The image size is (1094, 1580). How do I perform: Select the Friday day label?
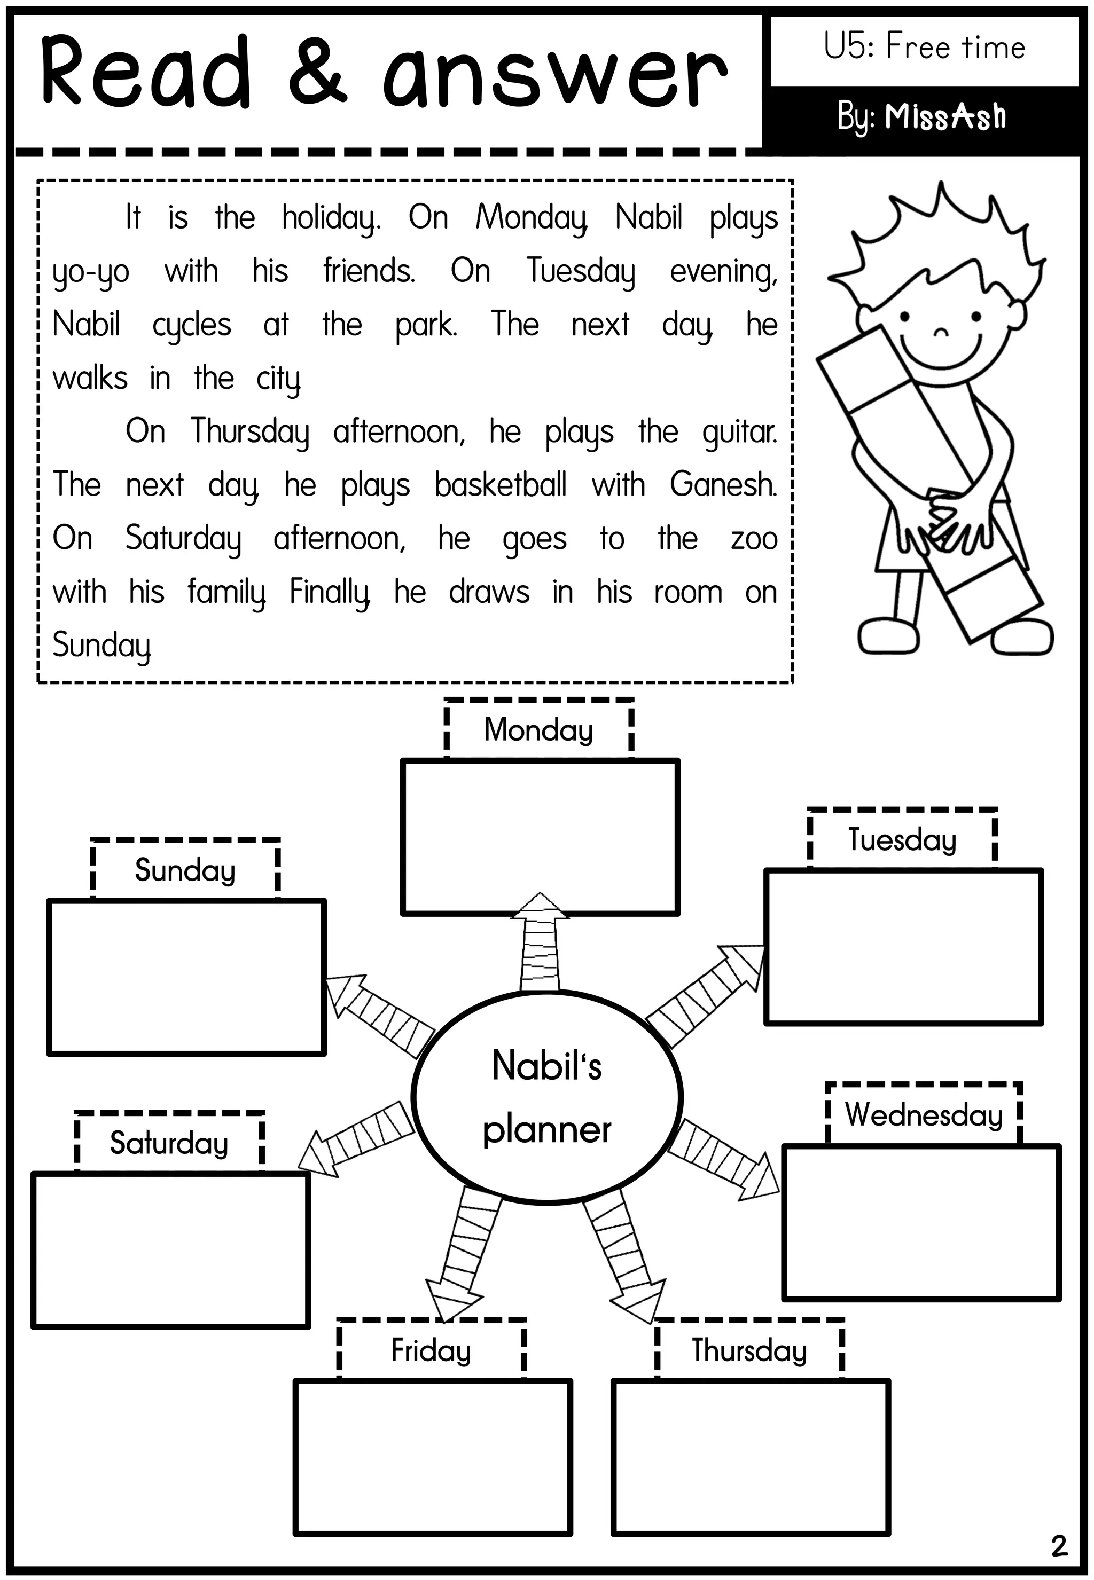pyautogui.click(x=431, y=1350)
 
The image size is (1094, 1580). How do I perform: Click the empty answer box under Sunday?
pyautogui.click(x=186, y=977)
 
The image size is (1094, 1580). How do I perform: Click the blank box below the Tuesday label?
pyautogui.click(x=903, y=946)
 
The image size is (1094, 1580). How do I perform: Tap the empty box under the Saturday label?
pyautogui.click(x=171, y=1250)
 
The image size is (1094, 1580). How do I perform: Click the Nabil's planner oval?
pyautogui.click(x=547, y=1096)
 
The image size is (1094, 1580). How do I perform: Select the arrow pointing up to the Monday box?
pyautogui.click(x=540, y=942)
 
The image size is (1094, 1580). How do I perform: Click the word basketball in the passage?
pyautogui.click(x=501, y=484)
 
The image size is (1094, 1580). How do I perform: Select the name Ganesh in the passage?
pyautogui.click(x=723, y=484)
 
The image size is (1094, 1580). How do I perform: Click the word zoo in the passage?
pyautogui.click(x=754, y=539)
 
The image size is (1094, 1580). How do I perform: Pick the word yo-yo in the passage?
pyautogui.click(x=90, y=272)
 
